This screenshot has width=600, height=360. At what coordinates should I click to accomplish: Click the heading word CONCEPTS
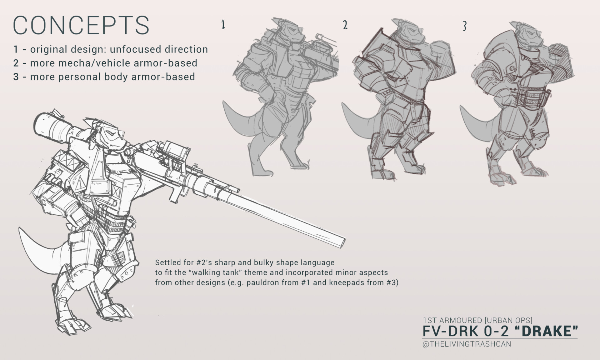[81, 25]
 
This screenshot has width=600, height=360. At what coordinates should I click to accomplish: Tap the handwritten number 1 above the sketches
[223, 24]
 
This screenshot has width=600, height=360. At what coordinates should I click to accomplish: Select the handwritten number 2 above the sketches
[345, 25]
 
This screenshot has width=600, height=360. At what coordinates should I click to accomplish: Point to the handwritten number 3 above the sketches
[464, 26]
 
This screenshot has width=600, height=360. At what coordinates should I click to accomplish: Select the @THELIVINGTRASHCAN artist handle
[467, 344]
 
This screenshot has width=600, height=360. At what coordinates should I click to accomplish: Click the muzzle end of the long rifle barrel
[342, 242]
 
